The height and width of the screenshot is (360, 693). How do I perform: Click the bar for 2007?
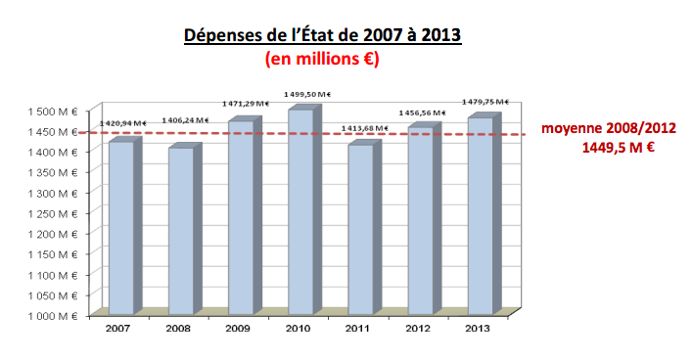coord(120,227)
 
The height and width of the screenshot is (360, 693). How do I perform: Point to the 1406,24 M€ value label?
coord(183,119)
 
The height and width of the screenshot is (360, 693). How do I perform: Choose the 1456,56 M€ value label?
coord(422,112)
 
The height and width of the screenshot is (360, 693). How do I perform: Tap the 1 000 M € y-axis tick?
coord(50,316)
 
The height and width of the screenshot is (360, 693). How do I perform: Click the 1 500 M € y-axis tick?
coord(50,111)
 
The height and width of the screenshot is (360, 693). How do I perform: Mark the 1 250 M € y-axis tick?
coord(50,213)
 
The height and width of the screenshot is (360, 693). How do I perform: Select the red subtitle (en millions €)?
coord(322,59)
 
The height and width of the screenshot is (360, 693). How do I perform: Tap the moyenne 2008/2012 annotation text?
coord(609,128)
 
